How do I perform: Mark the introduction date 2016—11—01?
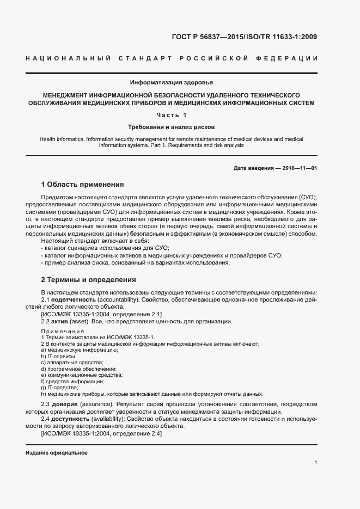[300, 168]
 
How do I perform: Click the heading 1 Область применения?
[82, 184]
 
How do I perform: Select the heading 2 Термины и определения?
[88, 280]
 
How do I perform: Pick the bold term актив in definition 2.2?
[61, 321]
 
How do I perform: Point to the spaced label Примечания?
[63, 331]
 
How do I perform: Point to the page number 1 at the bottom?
[315, 463]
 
